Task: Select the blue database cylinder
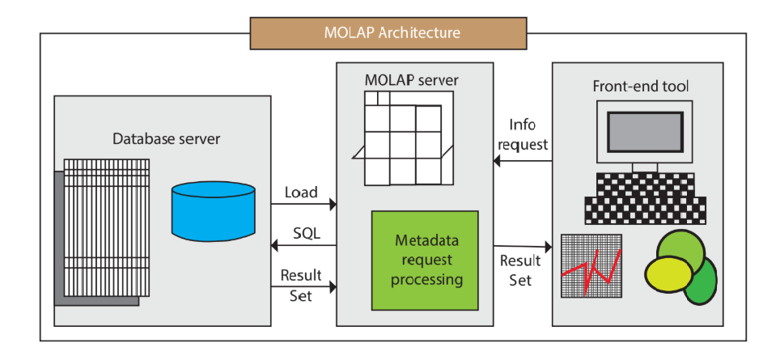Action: [213, 207]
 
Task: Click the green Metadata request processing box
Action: [426, 260]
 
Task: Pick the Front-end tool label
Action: [641, 85]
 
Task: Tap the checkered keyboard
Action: [646, 197]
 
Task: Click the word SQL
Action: [306, 234]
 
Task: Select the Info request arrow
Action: [523, 161]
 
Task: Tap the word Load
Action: [301, 193]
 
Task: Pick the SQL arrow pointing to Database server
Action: [303, 246]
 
